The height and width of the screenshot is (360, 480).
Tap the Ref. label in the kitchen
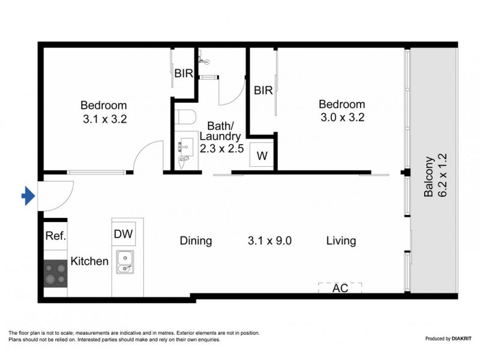point(55,236)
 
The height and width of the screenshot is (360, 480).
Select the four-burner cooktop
point(55,273)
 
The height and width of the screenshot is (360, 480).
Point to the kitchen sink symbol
point(125,262)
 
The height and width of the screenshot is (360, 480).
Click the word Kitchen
point(89,262)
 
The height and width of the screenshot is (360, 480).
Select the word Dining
point(196,241)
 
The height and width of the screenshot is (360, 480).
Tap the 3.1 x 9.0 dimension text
point(269,241)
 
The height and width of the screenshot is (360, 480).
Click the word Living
point(341,241)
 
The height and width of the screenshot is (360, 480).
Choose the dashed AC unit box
point(340,288)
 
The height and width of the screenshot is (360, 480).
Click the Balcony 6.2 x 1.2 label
point(434,178)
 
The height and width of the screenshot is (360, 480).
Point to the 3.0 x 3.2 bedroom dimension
point(341,118)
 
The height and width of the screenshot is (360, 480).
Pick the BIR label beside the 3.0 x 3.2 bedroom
point(263,91)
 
